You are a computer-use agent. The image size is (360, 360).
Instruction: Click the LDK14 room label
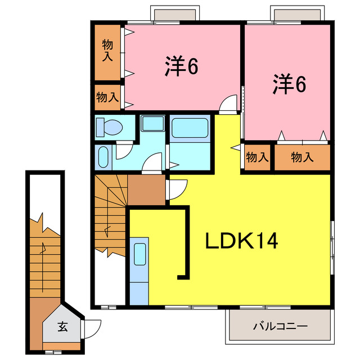tap(241, 242)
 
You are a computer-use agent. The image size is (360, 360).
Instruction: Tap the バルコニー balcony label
tap(280, 326)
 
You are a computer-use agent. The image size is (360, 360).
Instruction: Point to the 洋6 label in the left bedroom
tap(182, 67)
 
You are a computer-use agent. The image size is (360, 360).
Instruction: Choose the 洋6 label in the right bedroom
tap(290, 84)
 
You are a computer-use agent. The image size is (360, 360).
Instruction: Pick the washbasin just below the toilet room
tap(103, 157)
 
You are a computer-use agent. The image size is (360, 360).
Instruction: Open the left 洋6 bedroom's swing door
tap(227, 105)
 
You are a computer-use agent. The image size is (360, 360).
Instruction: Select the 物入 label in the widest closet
tap(302, 157)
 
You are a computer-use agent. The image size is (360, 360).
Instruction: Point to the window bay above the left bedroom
tap(175, 14)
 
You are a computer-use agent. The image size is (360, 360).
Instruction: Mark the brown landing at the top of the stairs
tap(147, 190)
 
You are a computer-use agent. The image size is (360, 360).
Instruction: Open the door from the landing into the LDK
tap(174, 188)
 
